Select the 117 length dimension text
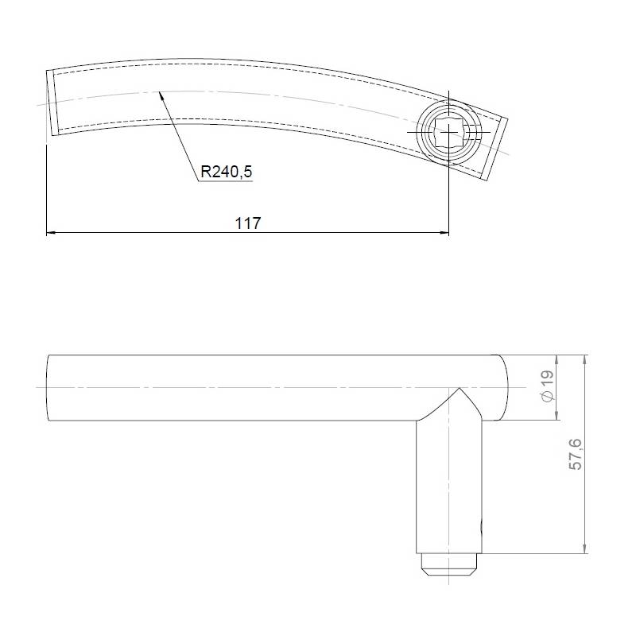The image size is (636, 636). point(248,223)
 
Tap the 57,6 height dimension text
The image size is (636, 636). point(576,456)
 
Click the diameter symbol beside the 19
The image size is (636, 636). point(546,396)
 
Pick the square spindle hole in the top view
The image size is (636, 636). point(449,132)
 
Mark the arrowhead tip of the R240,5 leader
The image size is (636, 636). point(161,91)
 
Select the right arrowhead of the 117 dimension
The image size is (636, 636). point(444,233)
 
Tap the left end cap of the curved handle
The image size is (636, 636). point(53,102)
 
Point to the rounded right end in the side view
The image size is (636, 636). point(502,388)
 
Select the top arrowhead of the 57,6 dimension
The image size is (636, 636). point(585,359)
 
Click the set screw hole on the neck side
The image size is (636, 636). point(480,526)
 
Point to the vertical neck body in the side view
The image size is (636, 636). point(449,485)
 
